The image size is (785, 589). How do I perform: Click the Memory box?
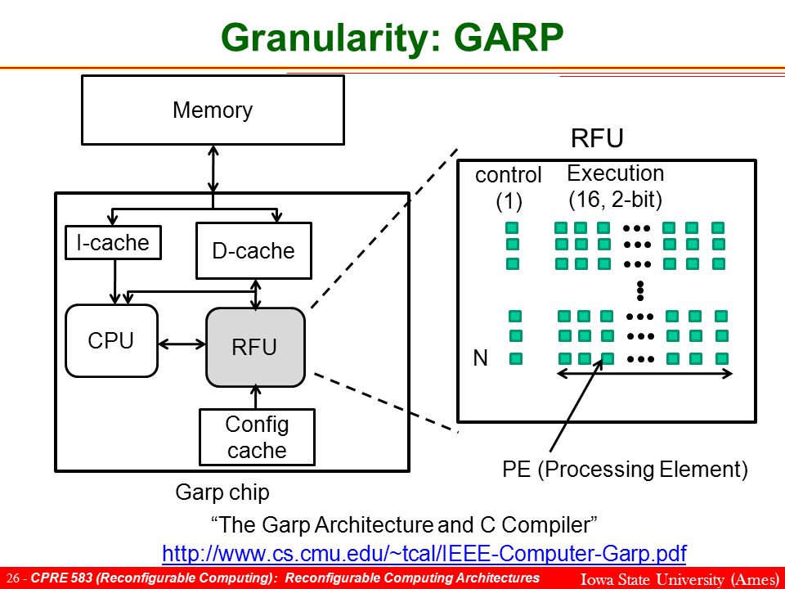[213, 110]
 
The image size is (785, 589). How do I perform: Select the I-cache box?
[113, 242]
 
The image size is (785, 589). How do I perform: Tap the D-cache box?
[253, 250]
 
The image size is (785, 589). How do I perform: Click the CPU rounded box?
[112, 340]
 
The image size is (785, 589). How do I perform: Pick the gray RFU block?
[255, 347]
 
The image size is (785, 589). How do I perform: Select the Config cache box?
[257, 437]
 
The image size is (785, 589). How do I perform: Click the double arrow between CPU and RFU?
[182, 344]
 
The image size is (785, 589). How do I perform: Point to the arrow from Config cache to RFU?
[256, 398]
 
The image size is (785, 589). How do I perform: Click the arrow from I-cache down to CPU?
[115, 281]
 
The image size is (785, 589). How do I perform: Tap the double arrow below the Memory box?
[213, 169]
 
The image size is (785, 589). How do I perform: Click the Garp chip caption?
[222, 492]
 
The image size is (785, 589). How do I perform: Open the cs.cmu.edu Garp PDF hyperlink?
[424, 554]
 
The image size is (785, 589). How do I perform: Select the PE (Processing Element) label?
[625, 470]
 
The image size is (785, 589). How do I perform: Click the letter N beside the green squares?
[480, 358]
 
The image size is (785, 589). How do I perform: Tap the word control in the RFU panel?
[508, 175]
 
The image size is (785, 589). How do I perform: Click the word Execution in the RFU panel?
[615, 173]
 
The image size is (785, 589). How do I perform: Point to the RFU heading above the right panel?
[597, 137]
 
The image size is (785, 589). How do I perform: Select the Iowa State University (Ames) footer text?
[680, 579]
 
